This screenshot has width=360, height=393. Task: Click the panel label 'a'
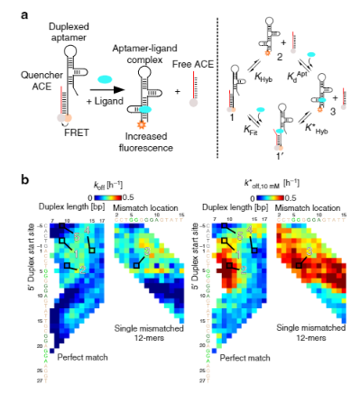[14, 9]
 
